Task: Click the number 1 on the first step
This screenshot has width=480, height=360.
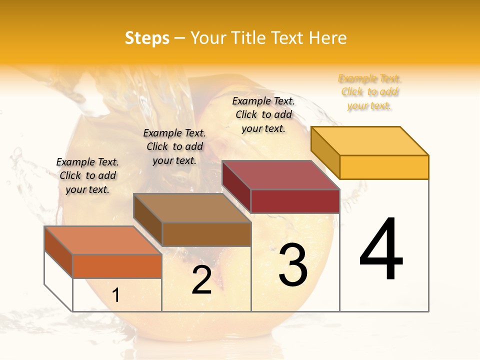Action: pos(116,295)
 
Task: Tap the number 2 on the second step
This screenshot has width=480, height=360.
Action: pos(201,279)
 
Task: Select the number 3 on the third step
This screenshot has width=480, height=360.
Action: pos(293,264)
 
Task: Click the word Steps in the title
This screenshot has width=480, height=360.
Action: pos(147,38)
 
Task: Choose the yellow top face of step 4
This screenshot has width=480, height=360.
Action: pos(370,141)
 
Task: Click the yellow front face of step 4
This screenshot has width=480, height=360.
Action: pos(384,167)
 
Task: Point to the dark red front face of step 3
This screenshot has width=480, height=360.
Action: pos(295,201)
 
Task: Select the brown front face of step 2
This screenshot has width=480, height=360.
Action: pos(206,234)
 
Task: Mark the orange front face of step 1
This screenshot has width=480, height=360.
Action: pos(117,266)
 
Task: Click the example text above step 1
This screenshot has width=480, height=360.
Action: pos(87,176)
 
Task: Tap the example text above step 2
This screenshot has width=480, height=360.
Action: pos(174,147)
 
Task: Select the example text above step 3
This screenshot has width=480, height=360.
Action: pos(263,114)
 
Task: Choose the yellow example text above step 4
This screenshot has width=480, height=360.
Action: pos(369,92)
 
